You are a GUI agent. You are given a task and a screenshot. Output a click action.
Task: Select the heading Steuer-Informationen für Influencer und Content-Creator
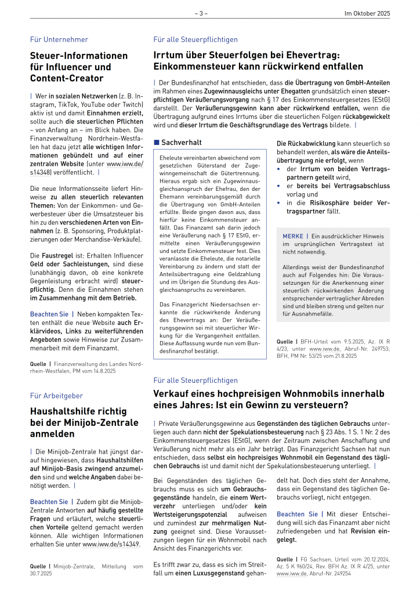(x=79, y=67)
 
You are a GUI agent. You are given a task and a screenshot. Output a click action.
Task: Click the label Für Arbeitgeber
(x=56, y=396)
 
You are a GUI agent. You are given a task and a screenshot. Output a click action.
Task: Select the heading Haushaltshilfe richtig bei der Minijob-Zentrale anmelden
(x=85, y=423)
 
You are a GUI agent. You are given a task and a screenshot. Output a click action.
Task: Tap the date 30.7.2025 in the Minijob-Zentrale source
(x=43, y=573)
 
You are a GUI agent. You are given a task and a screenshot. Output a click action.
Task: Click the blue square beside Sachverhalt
(x=156, y=142)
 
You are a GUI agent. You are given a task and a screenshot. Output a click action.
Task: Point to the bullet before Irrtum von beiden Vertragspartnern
(x=279, y=169)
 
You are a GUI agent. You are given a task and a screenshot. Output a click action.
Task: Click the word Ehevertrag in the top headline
(x=310, y=55)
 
